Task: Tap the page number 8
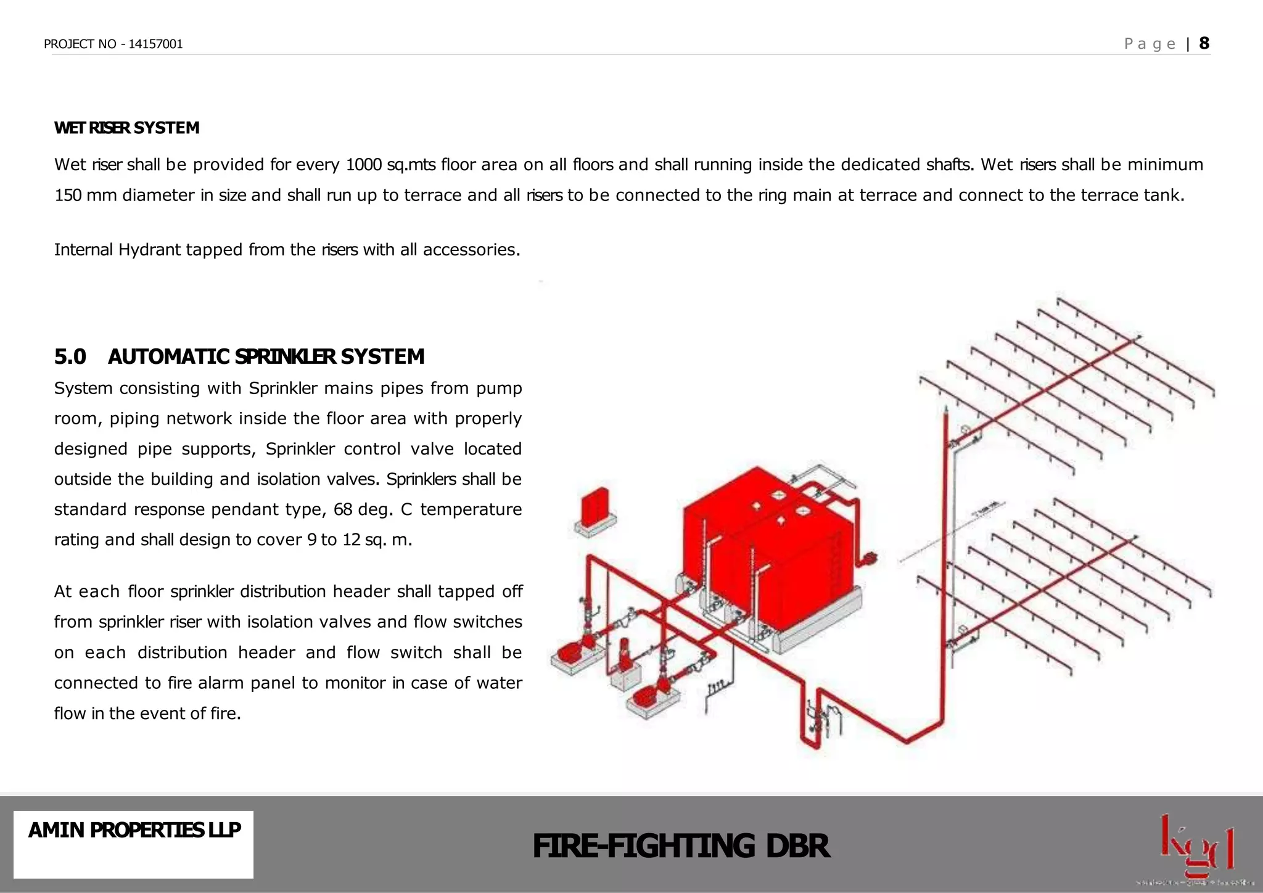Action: [1204, 43]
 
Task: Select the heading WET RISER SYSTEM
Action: [126, 128]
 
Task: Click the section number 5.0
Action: [70, 356]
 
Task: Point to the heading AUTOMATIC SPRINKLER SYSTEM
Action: [266, 356]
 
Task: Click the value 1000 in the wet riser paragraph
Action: [364, 165]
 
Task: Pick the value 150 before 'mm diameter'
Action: [68, 195]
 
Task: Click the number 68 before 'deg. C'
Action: [343, 509]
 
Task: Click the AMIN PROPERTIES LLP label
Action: [134, 830]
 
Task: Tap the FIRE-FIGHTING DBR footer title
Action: [681, 846]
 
